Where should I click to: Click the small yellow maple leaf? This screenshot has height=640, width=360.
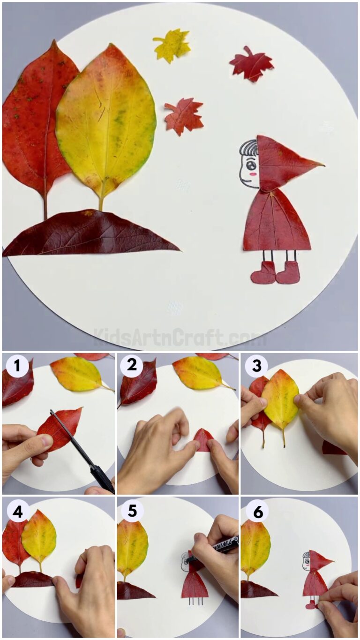(x=172, y=45)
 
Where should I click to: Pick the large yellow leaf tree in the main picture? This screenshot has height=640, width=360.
(x=106, y=122)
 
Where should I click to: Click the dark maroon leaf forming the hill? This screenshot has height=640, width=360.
(x=89, y=233)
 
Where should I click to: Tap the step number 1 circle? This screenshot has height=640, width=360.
(x=17, y=366)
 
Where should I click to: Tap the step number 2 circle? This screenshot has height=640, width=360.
(x=132, y=366)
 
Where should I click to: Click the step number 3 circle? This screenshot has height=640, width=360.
(x=256, y=366)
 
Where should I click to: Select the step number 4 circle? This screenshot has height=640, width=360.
(x=17, y=512)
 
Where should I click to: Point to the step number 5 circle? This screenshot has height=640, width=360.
(x=132, y=512)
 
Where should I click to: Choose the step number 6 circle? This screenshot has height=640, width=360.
(x=256, y=512)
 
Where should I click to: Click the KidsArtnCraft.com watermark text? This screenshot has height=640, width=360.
(x=180, y=337)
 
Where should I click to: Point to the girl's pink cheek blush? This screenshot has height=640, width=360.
(x=254, y=173)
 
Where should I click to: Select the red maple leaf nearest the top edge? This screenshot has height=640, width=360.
(x=251, y=64)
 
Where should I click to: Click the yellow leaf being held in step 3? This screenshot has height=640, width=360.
(x=280, y=399)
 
